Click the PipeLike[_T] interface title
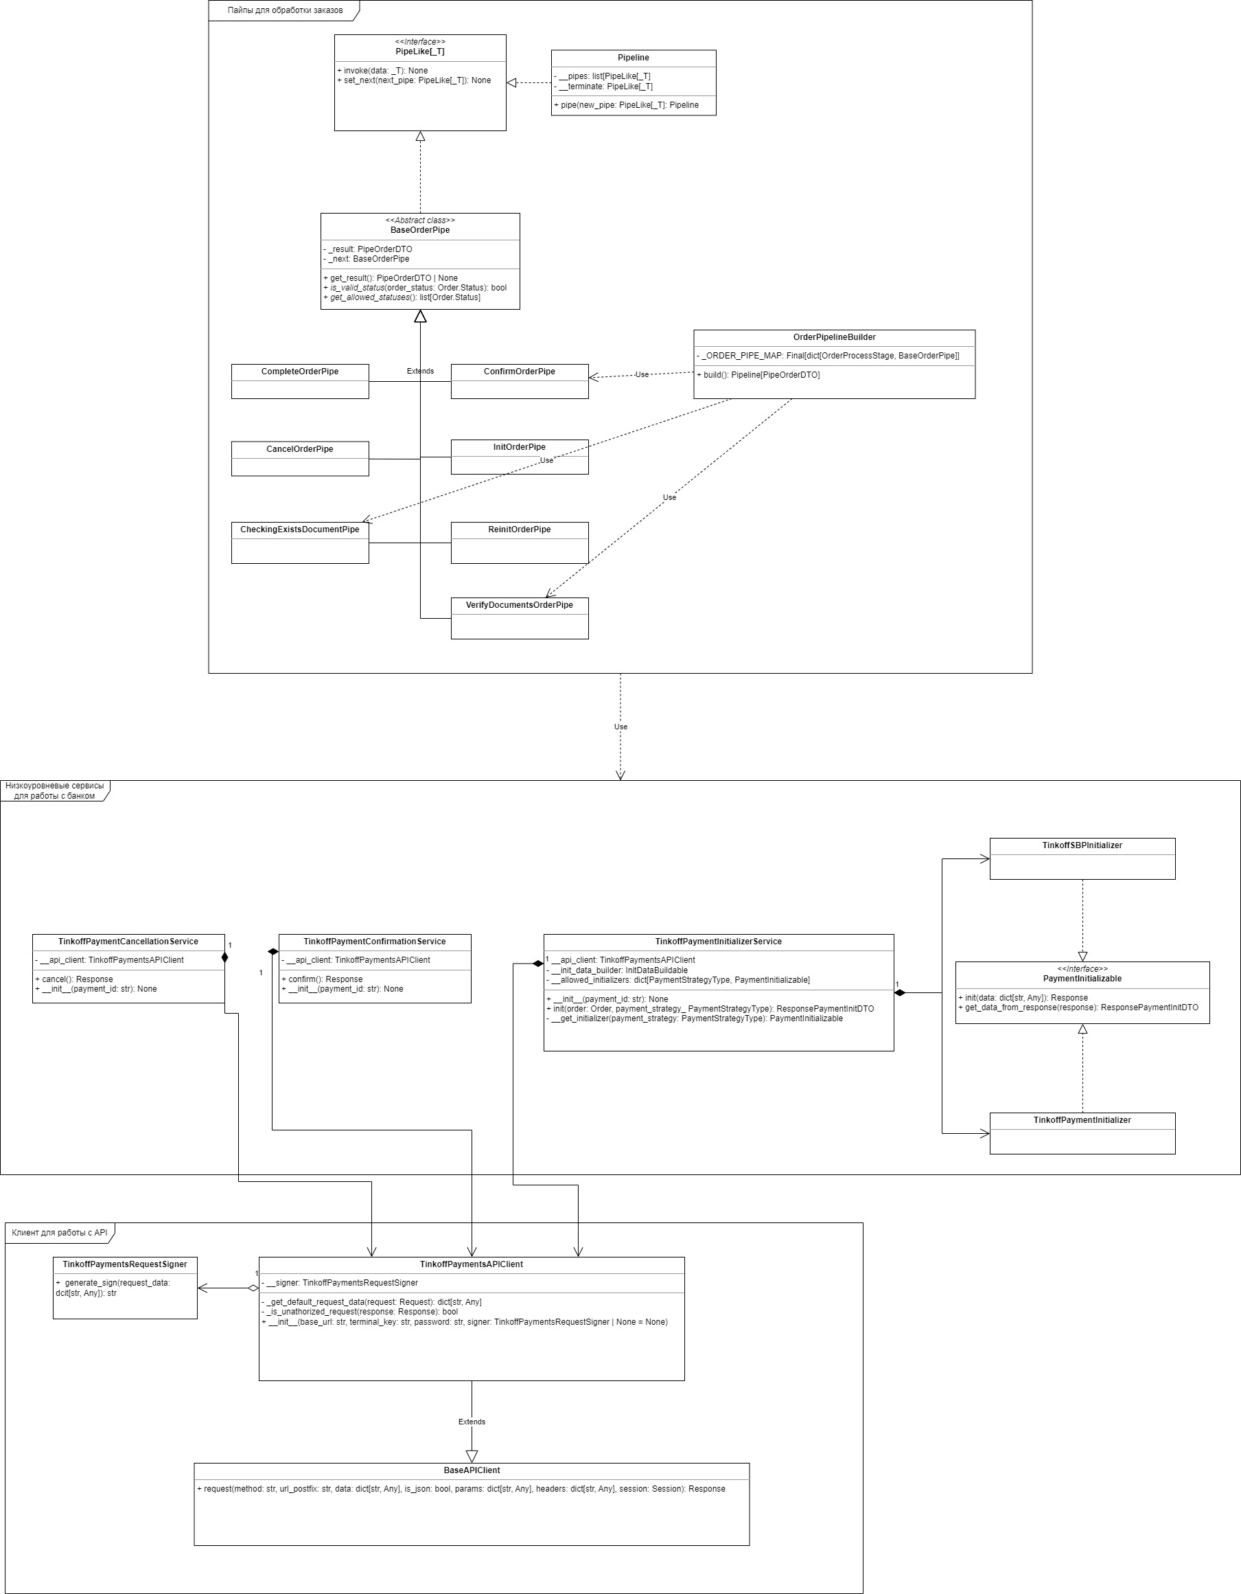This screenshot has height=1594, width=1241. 419,52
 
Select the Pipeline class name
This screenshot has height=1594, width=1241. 633,58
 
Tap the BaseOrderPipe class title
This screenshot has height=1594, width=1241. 419,230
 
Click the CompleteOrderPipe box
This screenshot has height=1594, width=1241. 300,380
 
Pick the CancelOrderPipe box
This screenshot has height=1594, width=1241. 300,457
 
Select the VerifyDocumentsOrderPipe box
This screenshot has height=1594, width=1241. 519,617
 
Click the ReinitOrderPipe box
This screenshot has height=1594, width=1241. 519,542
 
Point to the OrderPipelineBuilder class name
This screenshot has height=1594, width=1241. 834,337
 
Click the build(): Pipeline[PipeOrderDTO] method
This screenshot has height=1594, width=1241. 758,375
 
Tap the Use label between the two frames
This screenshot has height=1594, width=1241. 620,727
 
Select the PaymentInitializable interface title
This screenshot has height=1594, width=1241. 1082,979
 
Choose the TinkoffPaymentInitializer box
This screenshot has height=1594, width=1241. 1082,1132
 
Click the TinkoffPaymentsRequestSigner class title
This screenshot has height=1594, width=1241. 125,1264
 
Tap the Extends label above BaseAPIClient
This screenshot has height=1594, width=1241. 472,1422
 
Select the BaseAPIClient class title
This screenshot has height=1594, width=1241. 472,1470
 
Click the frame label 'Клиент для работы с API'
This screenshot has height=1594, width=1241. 60,1233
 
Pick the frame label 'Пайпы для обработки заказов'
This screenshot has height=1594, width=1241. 285,10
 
